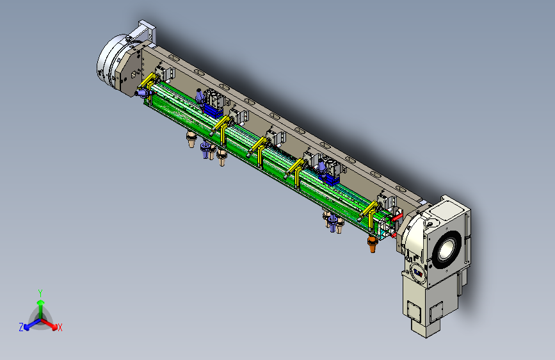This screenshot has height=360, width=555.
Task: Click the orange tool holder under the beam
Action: coord(373,244)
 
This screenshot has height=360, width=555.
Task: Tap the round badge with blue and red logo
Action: coord(418,272)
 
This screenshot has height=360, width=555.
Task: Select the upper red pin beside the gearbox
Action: coord(397,217)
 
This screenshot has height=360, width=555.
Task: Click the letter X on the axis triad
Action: coord(60,328)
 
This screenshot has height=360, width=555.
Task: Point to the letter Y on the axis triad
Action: coord(40,293)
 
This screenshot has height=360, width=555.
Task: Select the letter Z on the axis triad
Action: coord(21,327)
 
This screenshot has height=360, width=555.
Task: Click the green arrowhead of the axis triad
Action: coord(41,302)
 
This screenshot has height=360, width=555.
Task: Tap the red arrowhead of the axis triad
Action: coord(54,327)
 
